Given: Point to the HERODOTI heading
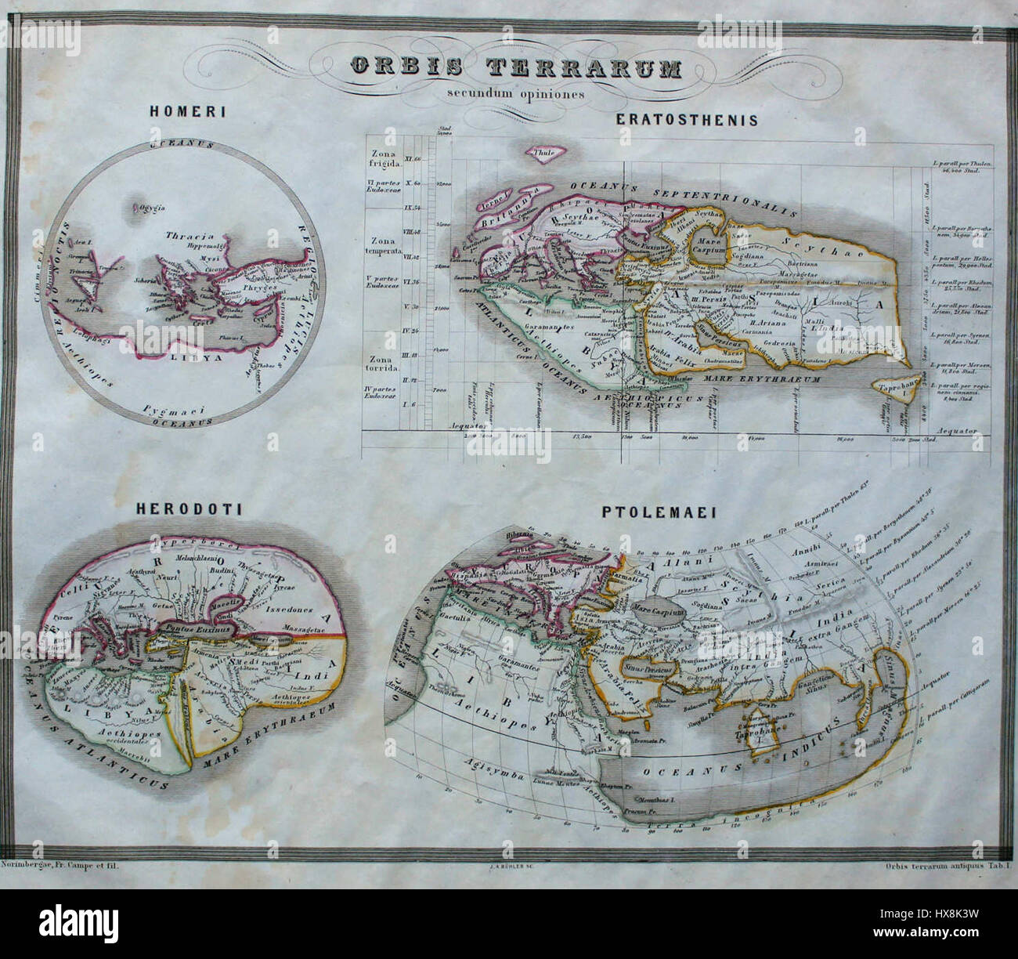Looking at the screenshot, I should tap(189, 509).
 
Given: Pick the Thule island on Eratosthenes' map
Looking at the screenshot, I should tap(540, 154).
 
